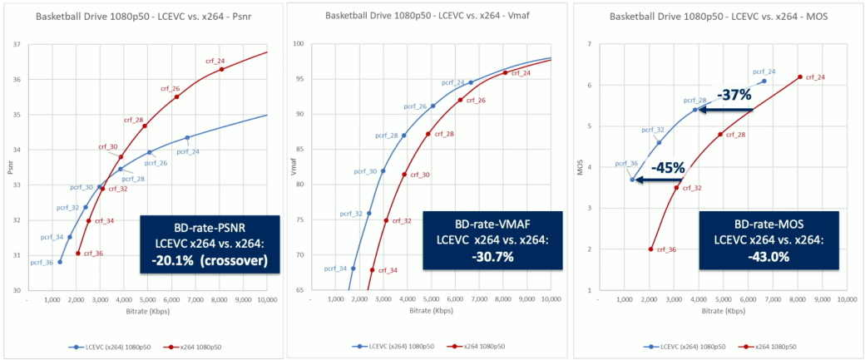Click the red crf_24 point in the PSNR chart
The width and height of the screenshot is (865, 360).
coord(221,69)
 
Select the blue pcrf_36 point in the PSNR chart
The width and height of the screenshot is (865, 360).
coord(60,262)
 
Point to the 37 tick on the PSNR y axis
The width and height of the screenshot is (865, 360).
coord(19,44)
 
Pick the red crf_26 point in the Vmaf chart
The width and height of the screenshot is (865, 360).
coord(460,100)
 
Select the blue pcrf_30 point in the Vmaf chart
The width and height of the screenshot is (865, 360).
coord(383,171)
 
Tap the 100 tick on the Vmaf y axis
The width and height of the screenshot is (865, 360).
coord(295,44)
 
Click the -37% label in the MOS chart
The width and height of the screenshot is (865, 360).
coord(735,96)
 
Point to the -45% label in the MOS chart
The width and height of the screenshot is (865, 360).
coord(668,168)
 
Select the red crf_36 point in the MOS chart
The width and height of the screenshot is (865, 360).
coord(650,249)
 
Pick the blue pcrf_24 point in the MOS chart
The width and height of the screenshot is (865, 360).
coord(764,81)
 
